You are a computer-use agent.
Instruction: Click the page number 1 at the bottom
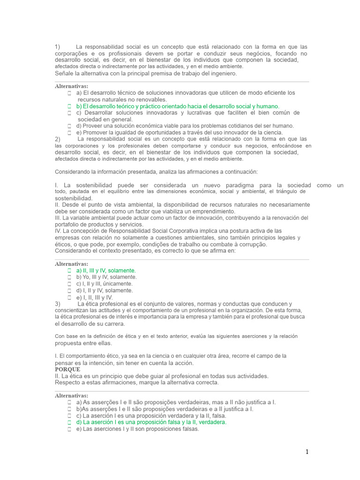coord(307,452)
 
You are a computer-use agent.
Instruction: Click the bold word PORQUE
coord(67,369)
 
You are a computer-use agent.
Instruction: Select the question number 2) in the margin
coord(58,139)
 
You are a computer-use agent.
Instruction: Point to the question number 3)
coord(58,304)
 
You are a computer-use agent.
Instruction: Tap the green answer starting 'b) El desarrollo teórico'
coord(178,106)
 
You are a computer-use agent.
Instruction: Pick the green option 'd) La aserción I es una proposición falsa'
coord(151,422)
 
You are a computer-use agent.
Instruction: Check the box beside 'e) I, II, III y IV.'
coord(69,297)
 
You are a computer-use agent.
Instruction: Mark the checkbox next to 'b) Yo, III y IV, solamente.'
coord(69,277)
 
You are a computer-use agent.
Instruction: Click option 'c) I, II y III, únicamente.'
coord(104,284)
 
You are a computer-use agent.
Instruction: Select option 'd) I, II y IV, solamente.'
coord(105,291)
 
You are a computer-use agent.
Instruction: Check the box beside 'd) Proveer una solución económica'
coord(69,126)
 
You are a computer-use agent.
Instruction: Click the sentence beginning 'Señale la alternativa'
coord(146,74)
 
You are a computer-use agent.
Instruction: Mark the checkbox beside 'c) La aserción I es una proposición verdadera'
coord(69,415)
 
